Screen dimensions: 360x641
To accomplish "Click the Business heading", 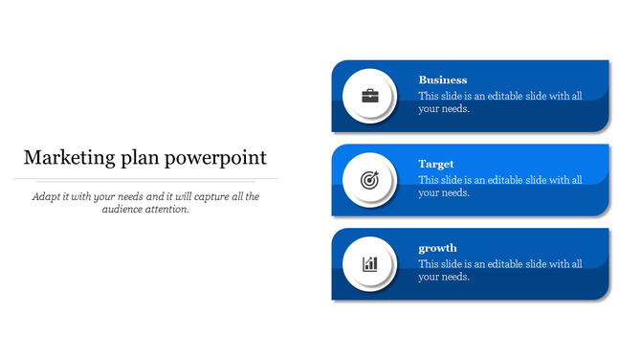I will (443, 80).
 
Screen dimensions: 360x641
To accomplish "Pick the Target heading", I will (436, 165).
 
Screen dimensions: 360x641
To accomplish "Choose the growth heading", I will (438, 248).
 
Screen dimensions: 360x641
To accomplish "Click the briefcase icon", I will (369, 96).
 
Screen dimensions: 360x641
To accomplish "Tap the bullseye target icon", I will (369, 180).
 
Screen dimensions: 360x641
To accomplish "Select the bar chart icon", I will (369, 263).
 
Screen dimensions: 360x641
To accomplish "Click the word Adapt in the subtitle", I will (46, 196).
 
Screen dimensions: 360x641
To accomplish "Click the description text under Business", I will (500, 102).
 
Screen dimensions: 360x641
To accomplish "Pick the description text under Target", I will (500, 186).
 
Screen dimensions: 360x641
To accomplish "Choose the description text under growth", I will (500, 270).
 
